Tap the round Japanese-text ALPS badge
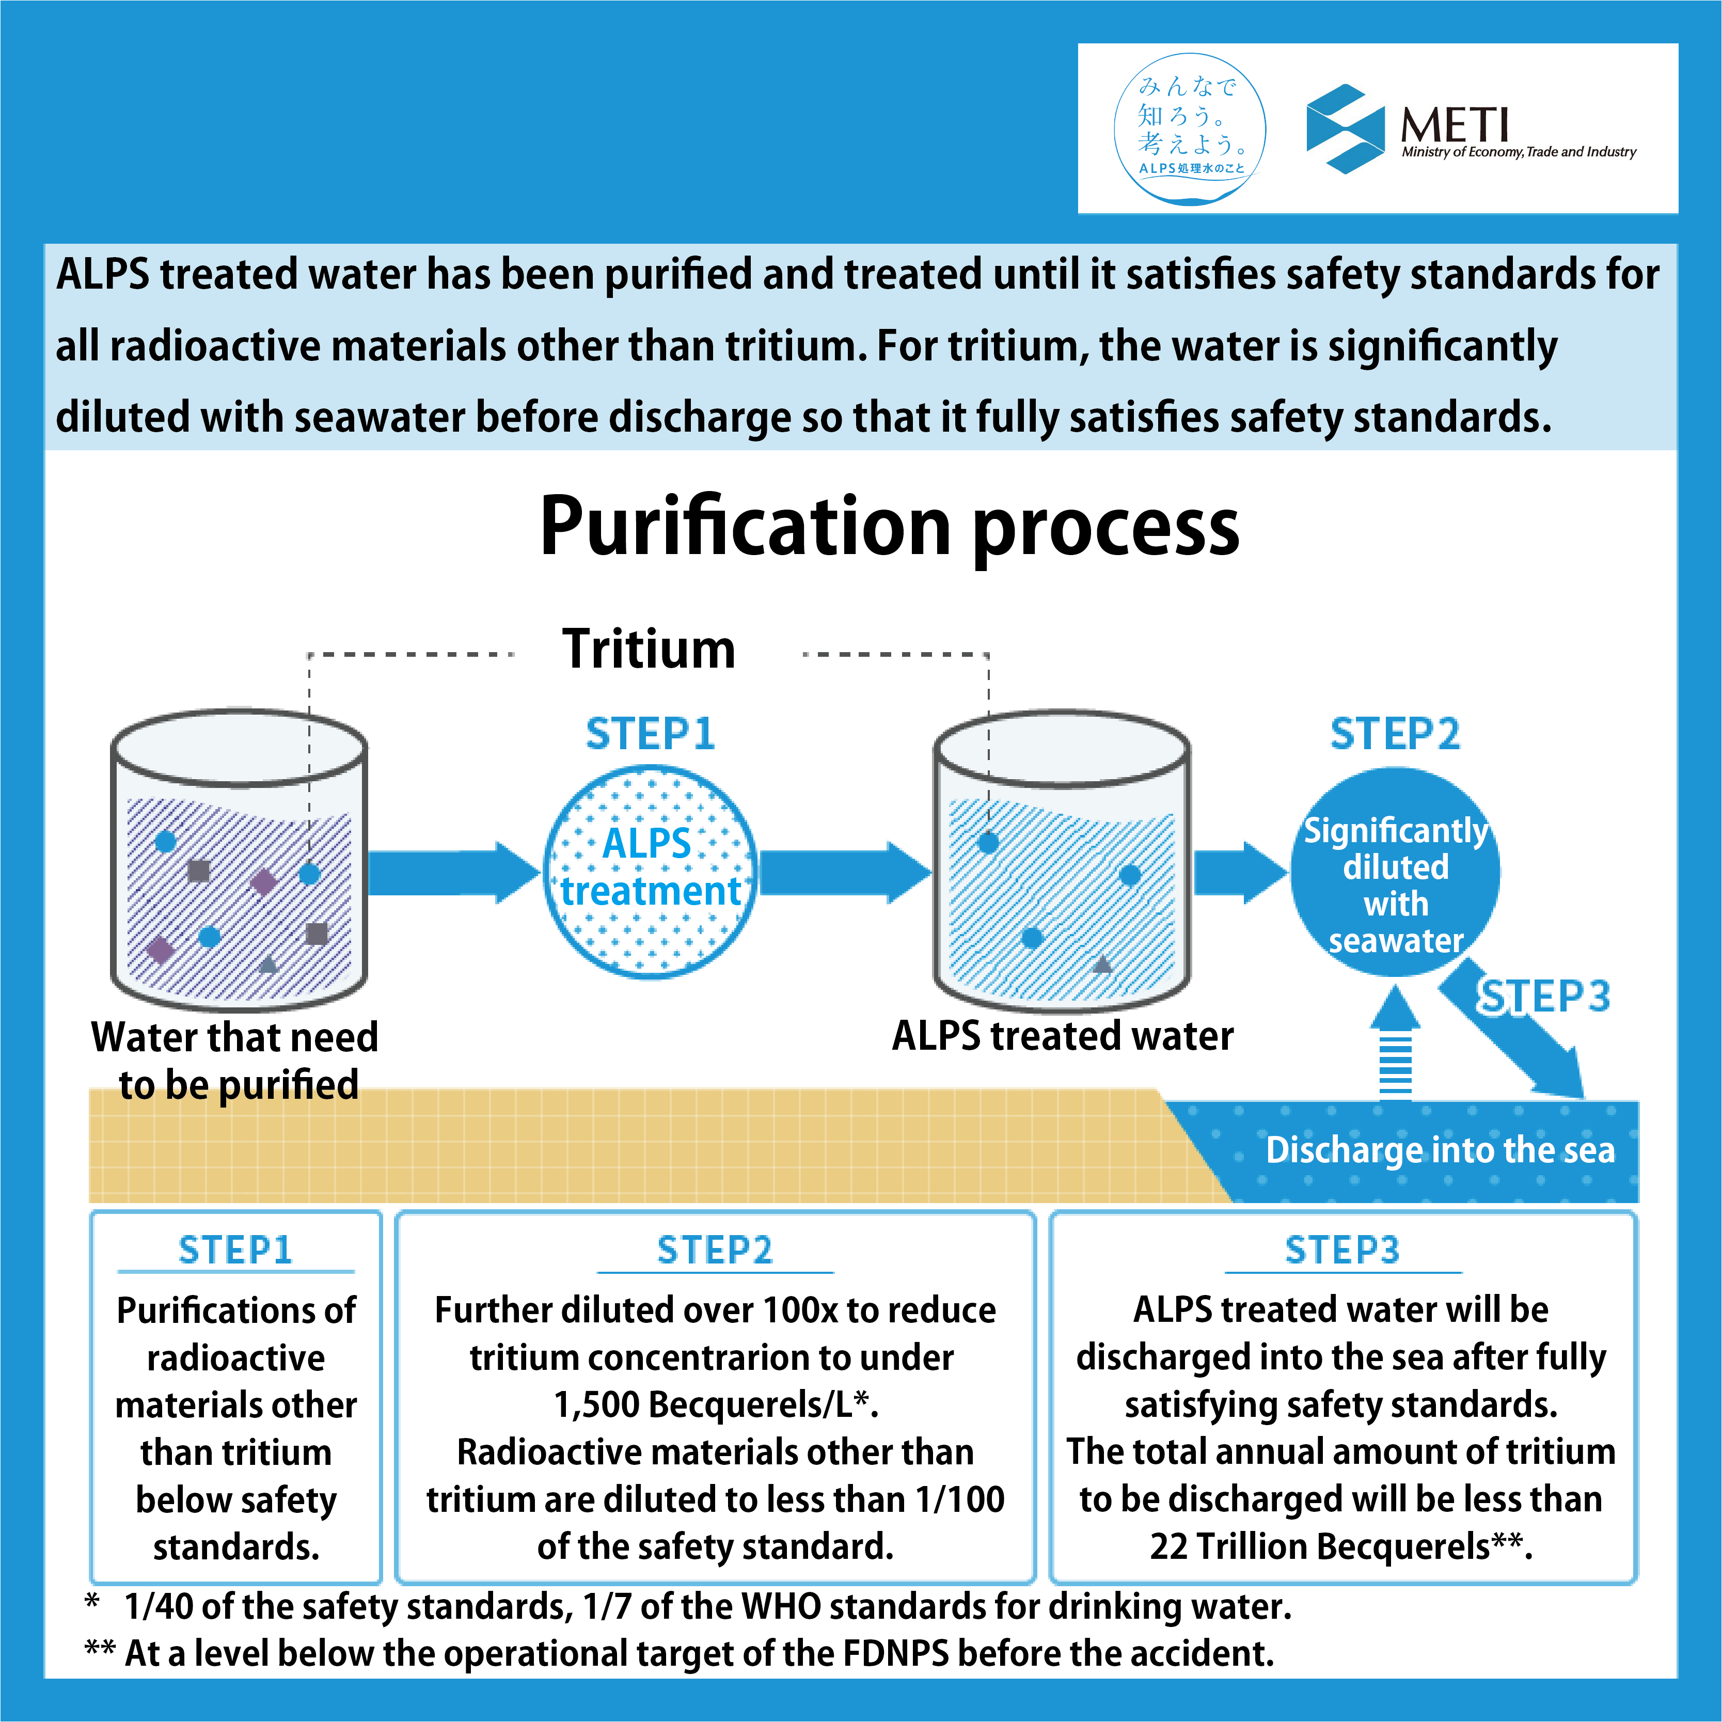tap(1190, 129)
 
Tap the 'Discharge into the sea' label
tap(1441, 1150)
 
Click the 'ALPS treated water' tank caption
tap(1063, 1036)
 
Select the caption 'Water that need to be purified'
tap(235, 1061)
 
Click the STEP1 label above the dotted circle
tap(651, 734)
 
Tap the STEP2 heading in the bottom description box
tap(715, 1250)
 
